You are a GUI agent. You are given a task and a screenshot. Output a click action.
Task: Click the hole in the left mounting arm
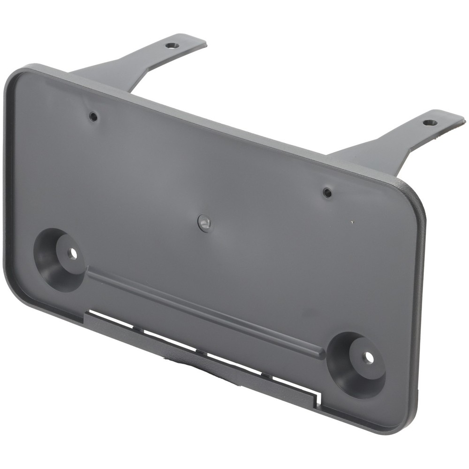(x=171, y=46)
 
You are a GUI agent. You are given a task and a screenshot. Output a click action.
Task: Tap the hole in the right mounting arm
(x=430, y=123)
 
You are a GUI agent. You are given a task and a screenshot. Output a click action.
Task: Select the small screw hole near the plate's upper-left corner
(x=94, y=116)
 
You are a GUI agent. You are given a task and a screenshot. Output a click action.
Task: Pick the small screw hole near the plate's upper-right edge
(x=327, y=192)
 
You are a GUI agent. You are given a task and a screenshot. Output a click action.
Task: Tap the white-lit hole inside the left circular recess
(x=72, y=253)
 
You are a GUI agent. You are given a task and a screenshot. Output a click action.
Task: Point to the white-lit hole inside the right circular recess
(x=369, y=357)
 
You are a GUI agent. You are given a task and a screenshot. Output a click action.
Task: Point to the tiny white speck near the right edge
(x=353, y=220)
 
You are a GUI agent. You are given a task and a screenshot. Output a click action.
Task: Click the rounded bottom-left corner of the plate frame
(x=14, y=291)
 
